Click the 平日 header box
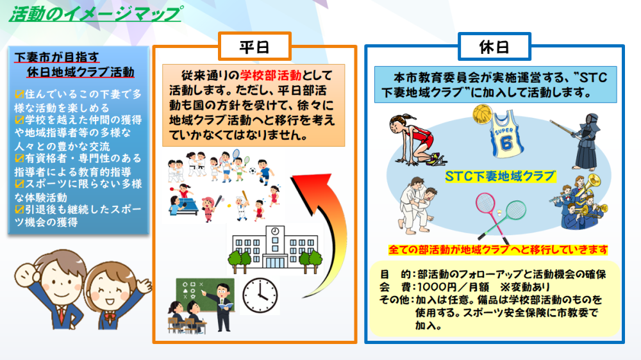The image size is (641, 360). [x=254, y=46]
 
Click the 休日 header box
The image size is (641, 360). [x=494, y=46]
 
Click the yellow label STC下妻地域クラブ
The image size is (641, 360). [x=500, y=176]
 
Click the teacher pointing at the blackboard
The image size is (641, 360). [x=222, y=304]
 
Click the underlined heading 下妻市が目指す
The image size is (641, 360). [x=57, y=56]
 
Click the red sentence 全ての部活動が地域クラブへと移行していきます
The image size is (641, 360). [x=498, y=249]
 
